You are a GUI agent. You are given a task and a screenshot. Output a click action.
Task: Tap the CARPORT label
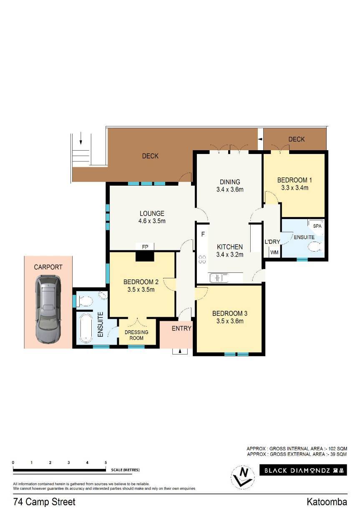(48, 267)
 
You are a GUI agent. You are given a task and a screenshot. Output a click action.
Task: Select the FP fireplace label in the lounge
(145, 247)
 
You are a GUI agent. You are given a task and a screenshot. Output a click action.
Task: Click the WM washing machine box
(274, 252)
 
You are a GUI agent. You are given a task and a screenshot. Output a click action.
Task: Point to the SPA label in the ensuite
(317, 226)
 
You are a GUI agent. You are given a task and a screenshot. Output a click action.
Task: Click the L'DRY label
(272, 242)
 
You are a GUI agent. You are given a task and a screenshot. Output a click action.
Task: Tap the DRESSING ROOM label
(136, 335)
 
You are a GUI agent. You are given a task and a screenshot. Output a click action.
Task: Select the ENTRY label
(181, 328)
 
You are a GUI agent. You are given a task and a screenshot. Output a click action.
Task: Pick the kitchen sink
(219, 278)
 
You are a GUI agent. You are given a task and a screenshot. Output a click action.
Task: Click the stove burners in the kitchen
(202, 259)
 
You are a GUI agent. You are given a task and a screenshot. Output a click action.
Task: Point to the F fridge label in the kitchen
(203, 234)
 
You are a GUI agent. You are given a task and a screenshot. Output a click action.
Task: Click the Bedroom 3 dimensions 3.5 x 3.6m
(230, 321)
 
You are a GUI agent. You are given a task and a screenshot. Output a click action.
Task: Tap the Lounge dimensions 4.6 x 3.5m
(152, 221)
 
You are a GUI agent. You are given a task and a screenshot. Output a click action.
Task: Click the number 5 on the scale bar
(106, 462)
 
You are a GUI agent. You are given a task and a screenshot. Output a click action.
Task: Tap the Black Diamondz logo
(303, 470)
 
